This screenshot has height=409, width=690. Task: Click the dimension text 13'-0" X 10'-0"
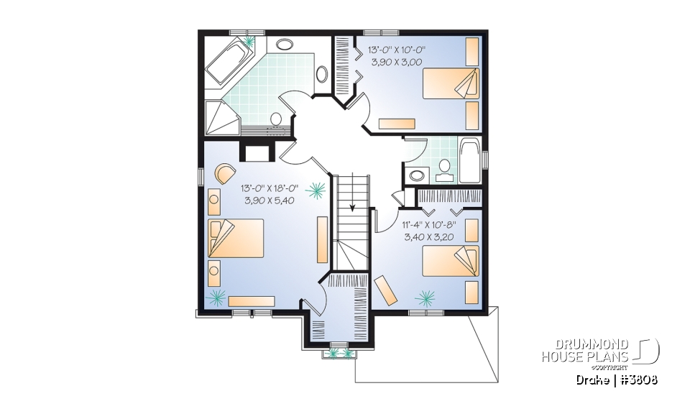coord(397,51)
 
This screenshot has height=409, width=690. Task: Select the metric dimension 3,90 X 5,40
coord(270,201)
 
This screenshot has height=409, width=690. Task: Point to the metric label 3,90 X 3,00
coord(397,63)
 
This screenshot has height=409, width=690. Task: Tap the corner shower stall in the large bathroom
coord(218,117)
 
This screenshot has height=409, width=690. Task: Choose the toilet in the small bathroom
coord(444,168)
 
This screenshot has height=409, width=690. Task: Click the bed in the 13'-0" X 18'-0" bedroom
coord(236,238)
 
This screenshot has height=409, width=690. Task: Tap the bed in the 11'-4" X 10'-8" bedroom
coord(450,259)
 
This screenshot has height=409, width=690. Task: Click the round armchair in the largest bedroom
coord(224,173)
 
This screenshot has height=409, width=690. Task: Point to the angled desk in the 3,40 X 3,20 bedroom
coord(389,290)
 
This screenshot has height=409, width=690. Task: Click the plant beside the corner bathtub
coord(250,42)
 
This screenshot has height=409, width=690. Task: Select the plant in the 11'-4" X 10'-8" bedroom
coord(427,295)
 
